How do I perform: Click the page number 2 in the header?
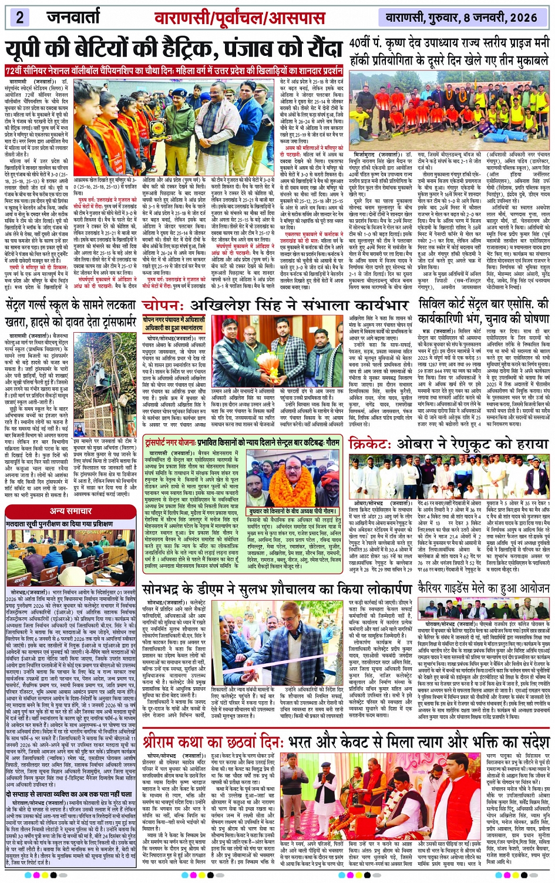click(20, 16)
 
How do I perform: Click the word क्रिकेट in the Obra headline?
click(376, 444)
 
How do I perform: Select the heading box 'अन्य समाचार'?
click(70, 511)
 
